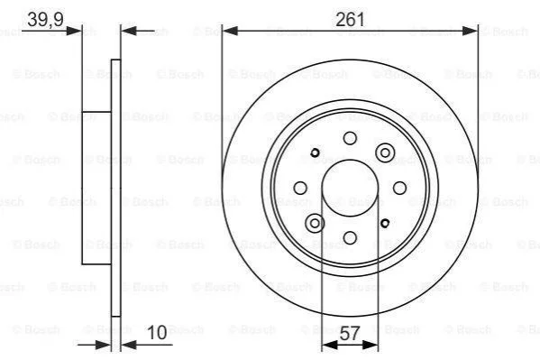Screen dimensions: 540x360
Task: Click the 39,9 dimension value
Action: [45, 19]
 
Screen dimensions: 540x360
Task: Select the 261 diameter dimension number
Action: [350, 19]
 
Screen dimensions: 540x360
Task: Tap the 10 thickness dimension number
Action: [157, 333]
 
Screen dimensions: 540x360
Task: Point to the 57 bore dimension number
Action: [350, 334]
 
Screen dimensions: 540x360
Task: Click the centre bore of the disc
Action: [350, 188]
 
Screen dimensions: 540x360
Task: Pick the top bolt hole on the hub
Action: [350, 138]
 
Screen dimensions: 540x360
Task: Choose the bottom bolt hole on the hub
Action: [350, 237]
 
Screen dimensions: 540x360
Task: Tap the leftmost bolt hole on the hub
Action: [300, 188]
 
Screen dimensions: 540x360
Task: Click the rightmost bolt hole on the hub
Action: [399, 188]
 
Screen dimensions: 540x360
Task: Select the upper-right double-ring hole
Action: [385, 152]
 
